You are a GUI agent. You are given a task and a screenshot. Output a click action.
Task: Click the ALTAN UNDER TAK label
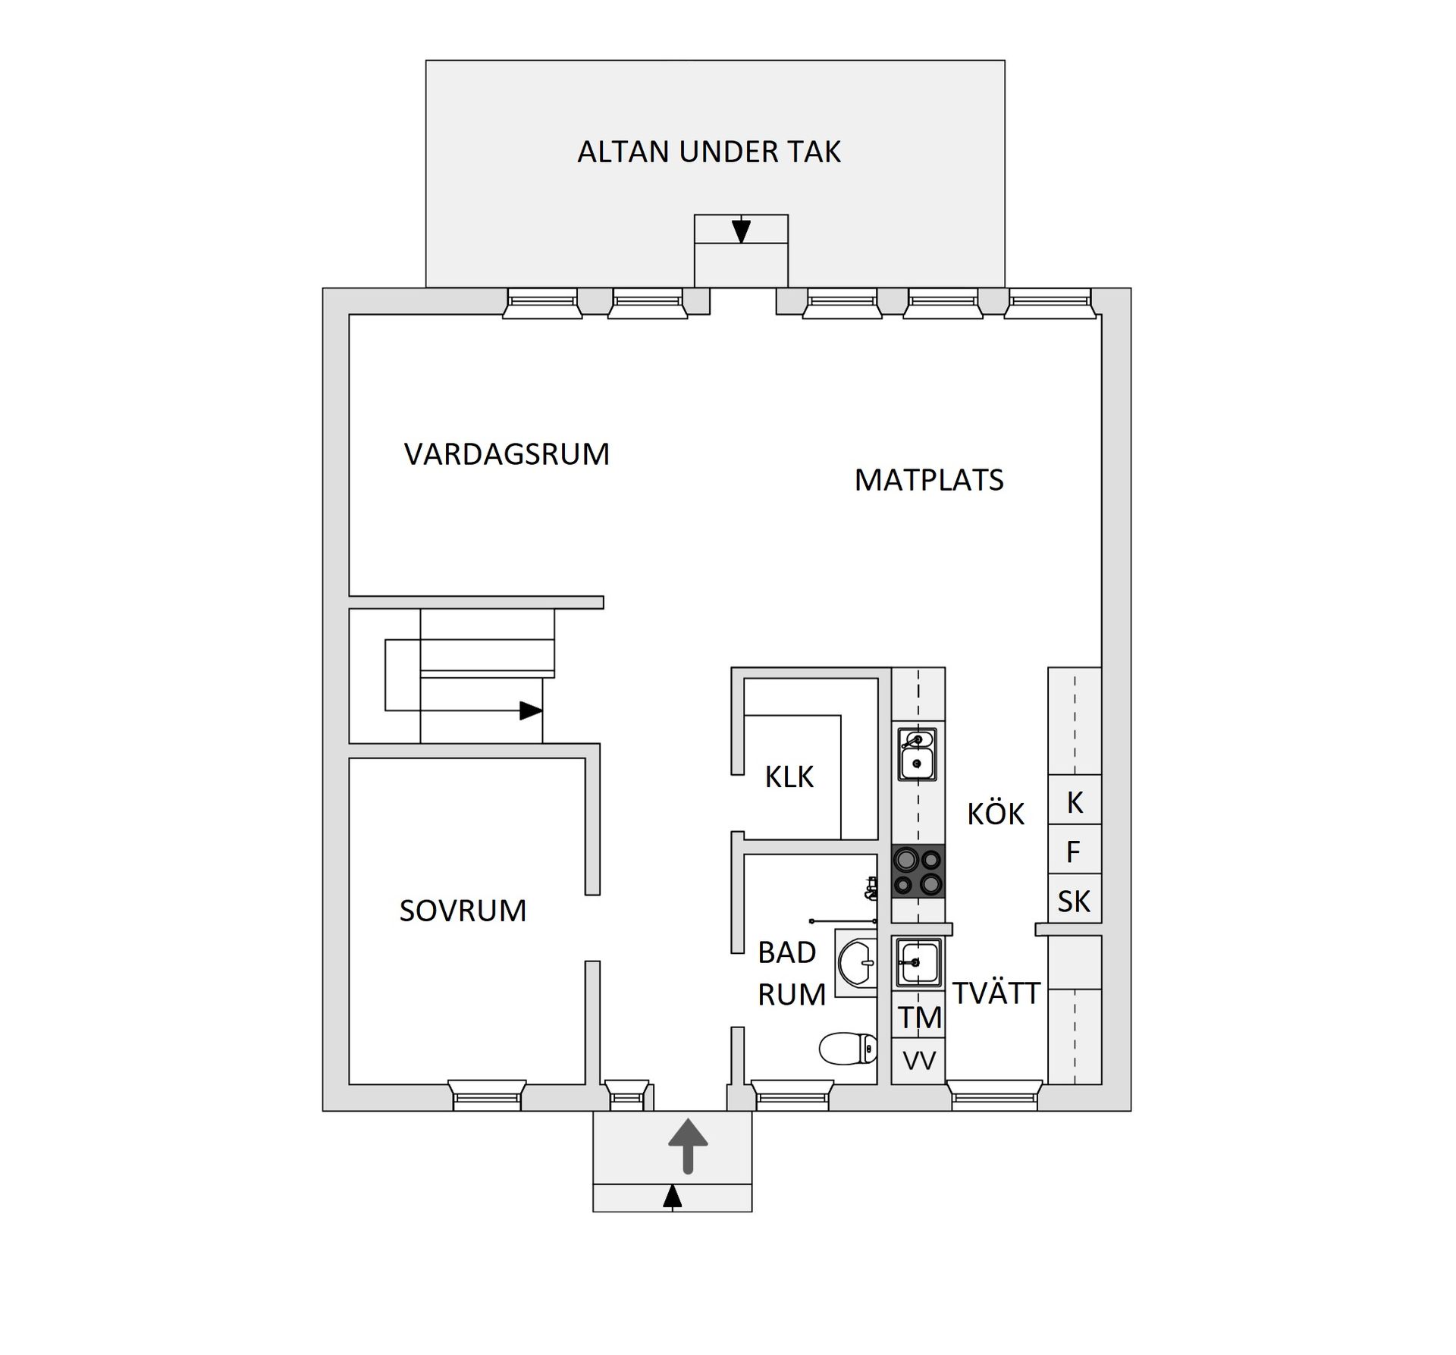708,152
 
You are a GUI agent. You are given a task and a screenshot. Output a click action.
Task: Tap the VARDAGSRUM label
507,454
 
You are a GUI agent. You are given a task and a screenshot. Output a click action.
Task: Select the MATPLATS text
928,480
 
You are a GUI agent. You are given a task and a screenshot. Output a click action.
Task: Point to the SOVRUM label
463,911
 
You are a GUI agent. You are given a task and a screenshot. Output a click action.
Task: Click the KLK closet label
789,777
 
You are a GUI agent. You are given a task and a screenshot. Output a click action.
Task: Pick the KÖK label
995,814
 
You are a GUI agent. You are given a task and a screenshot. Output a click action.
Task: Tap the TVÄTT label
996,993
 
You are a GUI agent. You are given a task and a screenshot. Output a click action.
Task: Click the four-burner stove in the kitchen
918,871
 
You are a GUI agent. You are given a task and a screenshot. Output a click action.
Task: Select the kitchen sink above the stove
917,754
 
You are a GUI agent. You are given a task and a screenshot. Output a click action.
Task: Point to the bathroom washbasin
858,962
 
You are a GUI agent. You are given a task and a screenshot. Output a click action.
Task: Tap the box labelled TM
919,1018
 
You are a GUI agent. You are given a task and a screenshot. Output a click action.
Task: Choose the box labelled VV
919,1061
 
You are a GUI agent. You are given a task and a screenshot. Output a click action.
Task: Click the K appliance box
1075,802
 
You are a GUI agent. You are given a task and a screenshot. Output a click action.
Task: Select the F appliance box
1073,852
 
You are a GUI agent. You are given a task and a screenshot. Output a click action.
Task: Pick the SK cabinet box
1074,901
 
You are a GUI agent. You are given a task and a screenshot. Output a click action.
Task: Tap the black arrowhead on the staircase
530,710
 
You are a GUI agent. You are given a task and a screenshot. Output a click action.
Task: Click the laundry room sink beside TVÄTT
918,962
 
